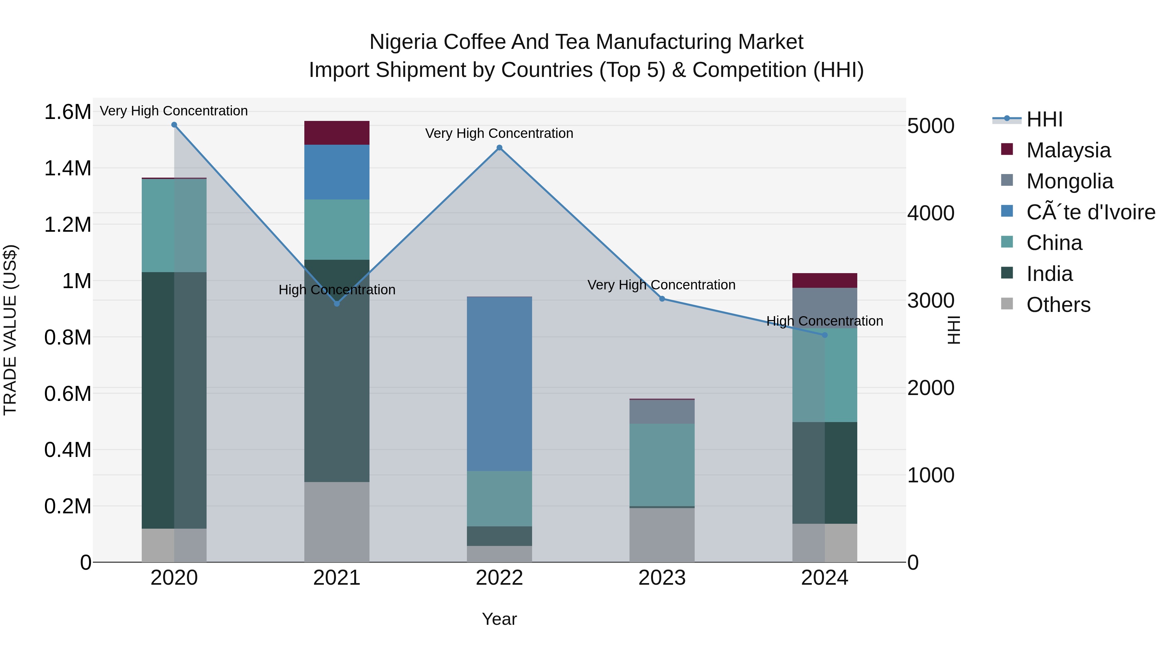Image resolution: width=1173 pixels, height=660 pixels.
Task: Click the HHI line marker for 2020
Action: point(174,125)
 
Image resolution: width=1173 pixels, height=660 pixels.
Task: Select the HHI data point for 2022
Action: point(499,148)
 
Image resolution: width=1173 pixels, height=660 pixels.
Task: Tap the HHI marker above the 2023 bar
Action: point(662,299)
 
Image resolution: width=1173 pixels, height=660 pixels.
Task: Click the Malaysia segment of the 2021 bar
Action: point(337,133)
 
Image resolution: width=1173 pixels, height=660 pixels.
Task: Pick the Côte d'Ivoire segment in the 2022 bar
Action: point(499,384)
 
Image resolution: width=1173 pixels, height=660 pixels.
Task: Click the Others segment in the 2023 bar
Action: point(662,535)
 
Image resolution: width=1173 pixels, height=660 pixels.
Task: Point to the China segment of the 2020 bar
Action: point(174,226)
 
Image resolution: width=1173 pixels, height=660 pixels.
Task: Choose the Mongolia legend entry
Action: point(1069,181)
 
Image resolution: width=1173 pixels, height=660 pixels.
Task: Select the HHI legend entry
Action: point(1044,119)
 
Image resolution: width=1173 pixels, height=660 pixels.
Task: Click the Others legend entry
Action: point(1058,305)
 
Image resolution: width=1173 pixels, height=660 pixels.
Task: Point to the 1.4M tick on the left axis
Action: point(67,169)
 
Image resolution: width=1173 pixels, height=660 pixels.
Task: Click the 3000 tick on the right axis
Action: point(930,301)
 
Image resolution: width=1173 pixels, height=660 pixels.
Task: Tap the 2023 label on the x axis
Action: point(662,578)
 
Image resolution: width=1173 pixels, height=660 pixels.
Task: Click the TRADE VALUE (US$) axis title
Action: point(10,330)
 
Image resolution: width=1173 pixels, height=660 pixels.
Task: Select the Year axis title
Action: point(499,619)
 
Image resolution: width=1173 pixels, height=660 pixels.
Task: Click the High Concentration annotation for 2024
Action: point(824,321)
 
